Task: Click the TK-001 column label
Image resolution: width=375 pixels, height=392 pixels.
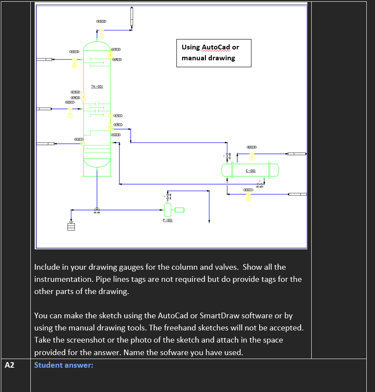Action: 97,87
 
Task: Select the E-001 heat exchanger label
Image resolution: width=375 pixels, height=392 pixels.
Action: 250,171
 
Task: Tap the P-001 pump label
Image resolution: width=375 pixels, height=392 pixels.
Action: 168,220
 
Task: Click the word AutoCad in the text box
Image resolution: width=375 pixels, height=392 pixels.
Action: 216,47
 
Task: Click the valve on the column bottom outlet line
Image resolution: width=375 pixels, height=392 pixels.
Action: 97,210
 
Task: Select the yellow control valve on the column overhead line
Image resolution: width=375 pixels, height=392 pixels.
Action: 101,32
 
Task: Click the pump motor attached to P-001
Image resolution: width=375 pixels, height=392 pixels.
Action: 179,210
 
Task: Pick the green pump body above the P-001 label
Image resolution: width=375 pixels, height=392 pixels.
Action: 168,210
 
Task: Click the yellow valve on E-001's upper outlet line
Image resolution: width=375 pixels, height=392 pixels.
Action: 251,155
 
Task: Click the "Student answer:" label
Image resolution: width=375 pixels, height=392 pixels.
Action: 63,365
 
